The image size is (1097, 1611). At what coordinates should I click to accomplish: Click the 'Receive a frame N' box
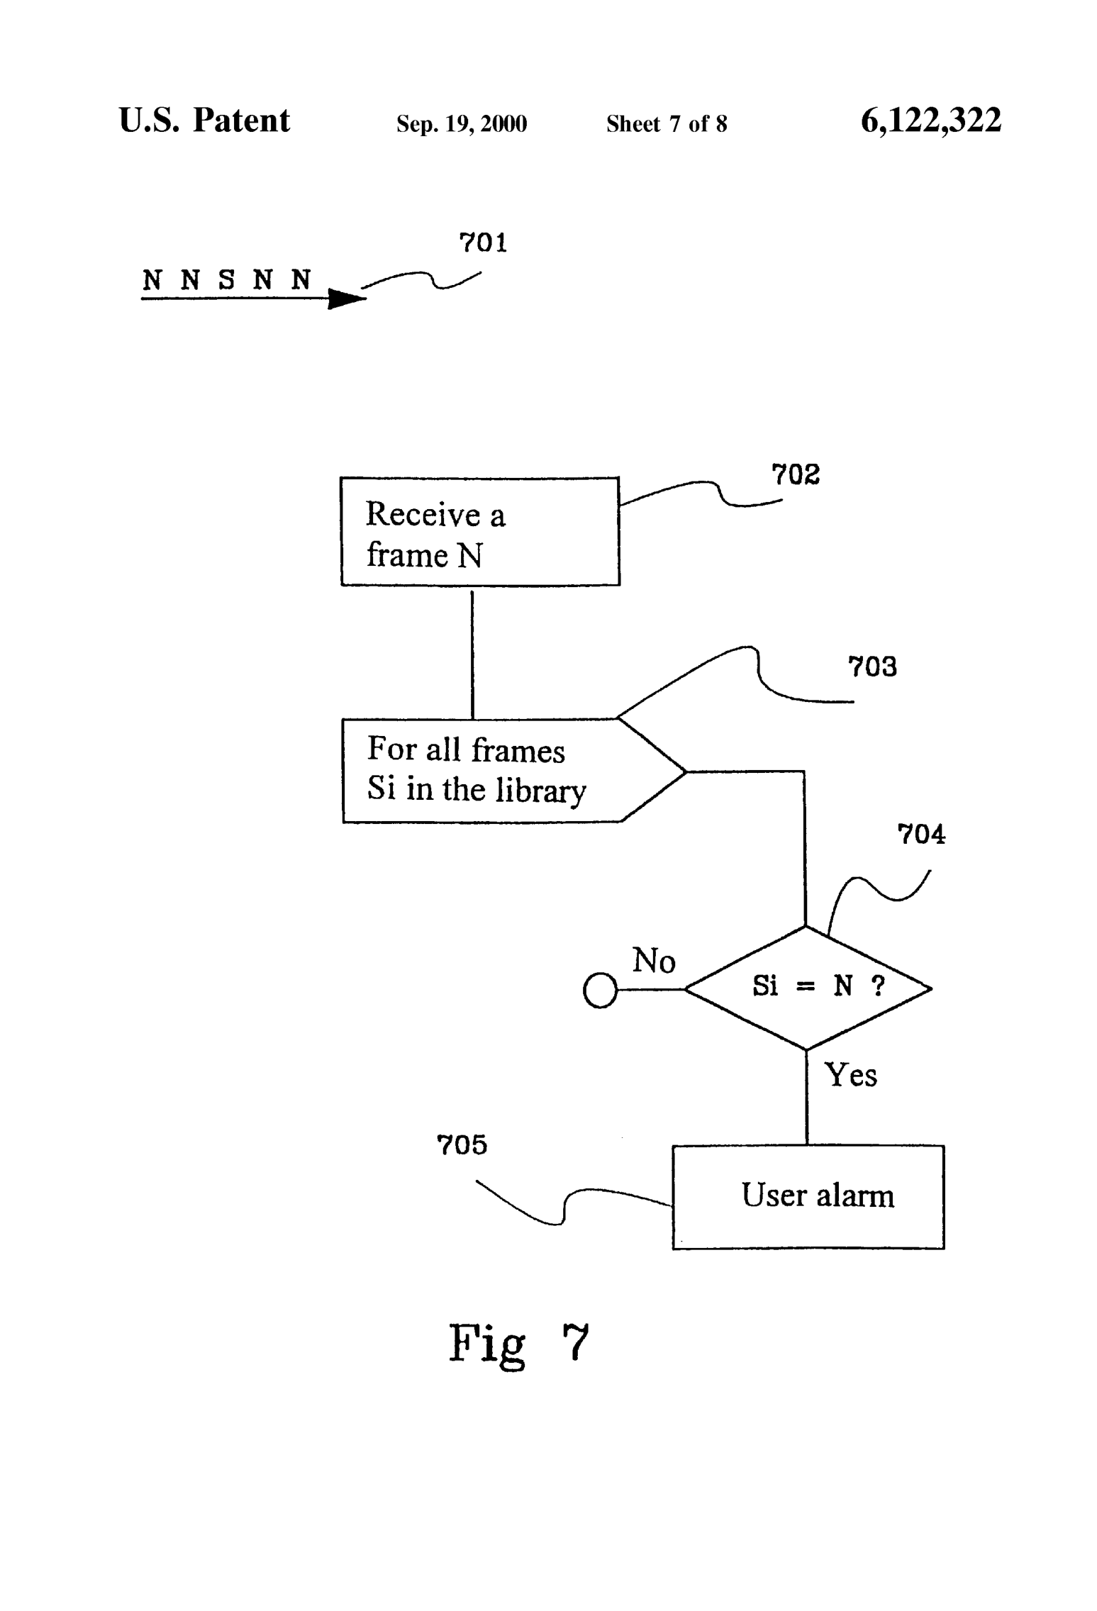point(479,532)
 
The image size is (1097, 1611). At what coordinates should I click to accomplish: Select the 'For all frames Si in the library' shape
point(496,771)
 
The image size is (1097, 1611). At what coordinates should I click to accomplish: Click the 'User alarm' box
point(808,1197)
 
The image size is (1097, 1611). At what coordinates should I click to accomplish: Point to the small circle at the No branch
point(600,990)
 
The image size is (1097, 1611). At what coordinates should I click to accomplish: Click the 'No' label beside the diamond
point(653,961)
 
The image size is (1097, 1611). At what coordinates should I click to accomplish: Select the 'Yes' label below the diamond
point(850,1075)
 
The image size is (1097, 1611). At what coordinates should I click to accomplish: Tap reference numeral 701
point(483,243)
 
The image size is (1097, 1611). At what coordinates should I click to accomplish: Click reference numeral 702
point(795,474)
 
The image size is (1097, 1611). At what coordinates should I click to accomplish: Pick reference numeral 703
point(872,667)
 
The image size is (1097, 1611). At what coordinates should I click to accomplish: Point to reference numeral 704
point(921,834)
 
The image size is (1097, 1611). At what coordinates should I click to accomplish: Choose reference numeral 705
point(462,1145)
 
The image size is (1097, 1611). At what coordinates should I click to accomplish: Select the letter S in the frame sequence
point(226,280)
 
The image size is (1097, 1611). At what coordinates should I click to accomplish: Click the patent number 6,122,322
point(930,121)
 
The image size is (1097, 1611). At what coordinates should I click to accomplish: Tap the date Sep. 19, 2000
point(462,124)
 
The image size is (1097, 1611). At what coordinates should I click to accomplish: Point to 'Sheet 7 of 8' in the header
point(666,124)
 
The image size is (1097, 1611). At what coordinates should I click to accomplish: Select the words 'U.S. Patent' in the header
point(204,121)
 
